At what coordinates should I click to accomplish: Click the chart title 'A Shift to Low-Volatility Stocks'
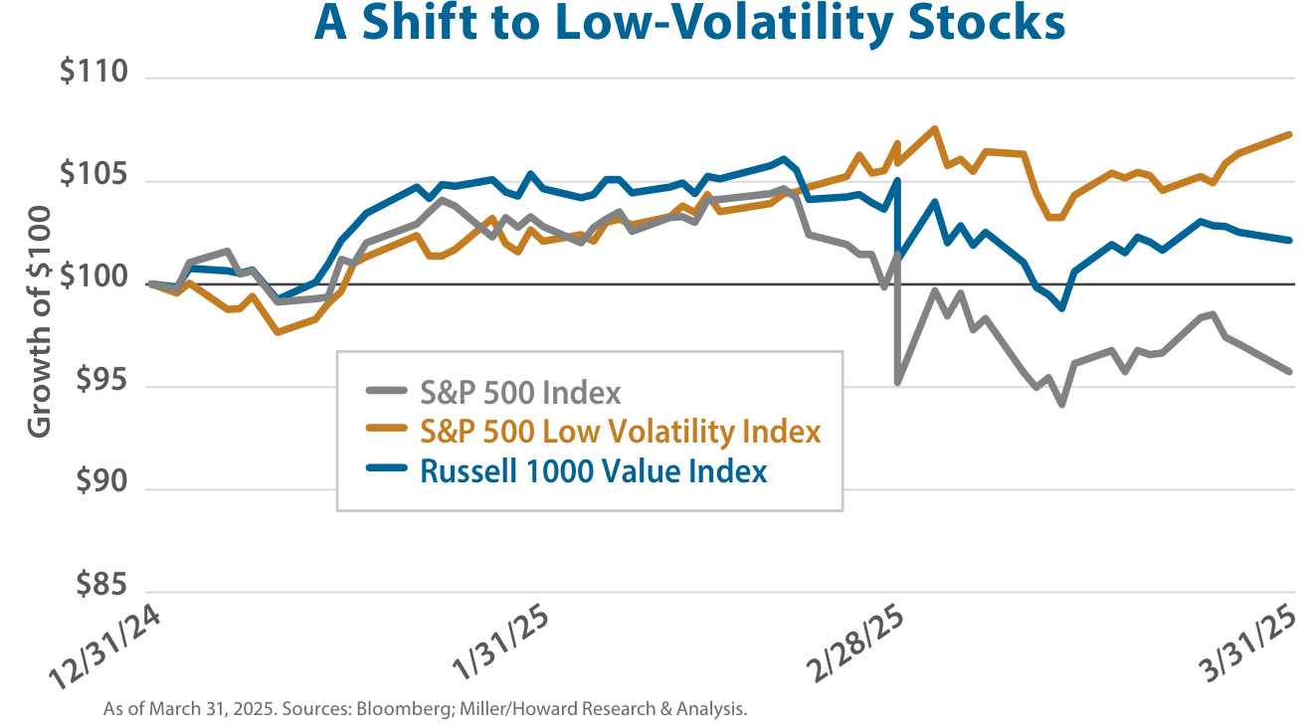688,23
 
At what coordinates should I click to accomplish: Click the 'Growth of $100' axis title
39,321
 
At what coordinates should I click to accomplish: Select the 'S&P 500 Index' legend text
520,393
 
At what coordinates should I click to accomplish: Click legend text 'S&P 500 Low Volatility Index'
620,432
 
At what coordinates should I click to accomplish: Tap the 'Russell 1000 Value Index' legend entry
593,470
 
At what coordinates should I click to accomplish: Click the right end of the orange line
1289,134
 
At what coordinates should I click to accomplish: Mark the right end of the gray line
1289,372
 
